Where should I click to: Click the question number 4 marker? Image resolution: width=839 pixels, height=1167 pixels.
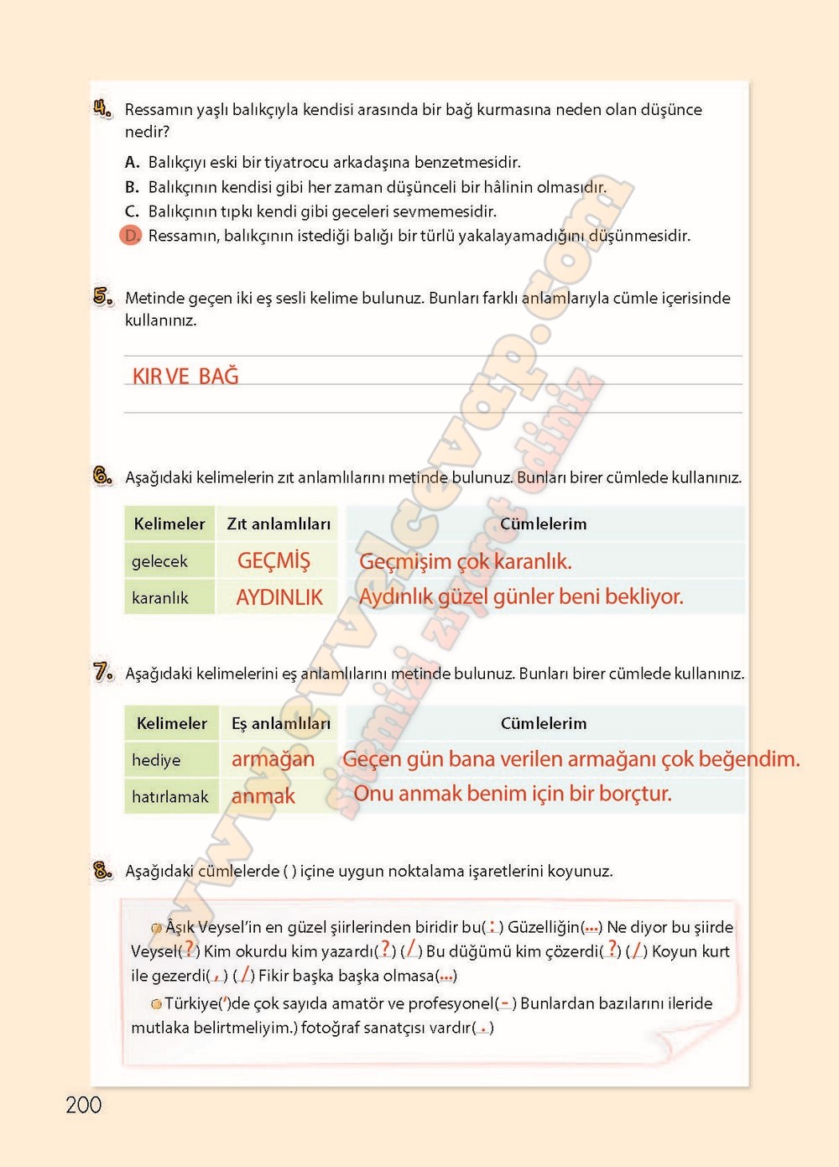click(102, 108)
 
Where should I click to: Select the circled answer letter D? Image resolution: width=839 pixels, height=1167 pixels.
click(131, 236)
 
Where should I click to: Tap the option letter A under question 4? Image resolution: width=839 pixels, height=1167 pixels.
click(132, 162)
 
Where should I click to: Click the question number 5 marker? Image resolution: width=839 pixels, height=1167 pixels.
click(103, 296)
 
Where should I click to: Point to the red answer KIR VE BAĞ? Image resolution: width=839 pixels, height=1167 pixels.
click(185, 376)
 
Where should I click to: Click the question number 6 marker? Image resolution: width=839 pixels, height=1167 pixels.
click(102, 477)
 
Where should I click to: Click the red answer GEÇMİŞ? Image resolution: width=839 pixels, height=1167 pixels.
click(274, 560)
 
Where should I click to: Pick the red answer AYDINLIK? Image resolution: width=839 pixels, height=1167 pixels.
click(279, 597)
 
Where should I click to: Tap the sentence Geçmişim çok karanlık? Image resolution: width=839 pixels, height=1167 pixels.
click(465, 561)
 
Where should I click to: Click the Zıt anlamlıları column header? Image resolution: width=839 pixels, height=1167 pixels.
click(279, 524)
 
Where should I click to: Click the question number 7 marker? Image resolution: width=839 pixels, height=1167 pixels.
click(103, 672)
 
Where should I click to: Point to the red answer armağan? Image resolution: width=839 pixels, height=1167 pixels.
click(273, 759)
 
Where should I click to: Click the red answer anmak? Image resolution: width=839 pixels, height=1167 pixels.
click(263, 796)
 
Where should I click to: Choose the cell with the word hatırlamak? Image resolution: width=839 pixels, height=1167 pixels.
click(170, 796)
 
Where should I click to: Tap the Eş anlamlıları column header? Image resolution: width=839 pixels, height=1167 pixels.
click(281, 723)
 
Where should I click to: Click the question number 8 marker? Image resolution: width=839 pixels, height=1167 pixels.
click(102, 870)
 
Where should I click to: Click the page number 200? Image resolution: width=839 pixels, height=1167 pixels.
click(83, 1105)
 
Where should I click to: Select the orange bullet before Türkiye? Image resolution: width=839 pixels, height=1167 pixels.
click(156, 1003)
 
